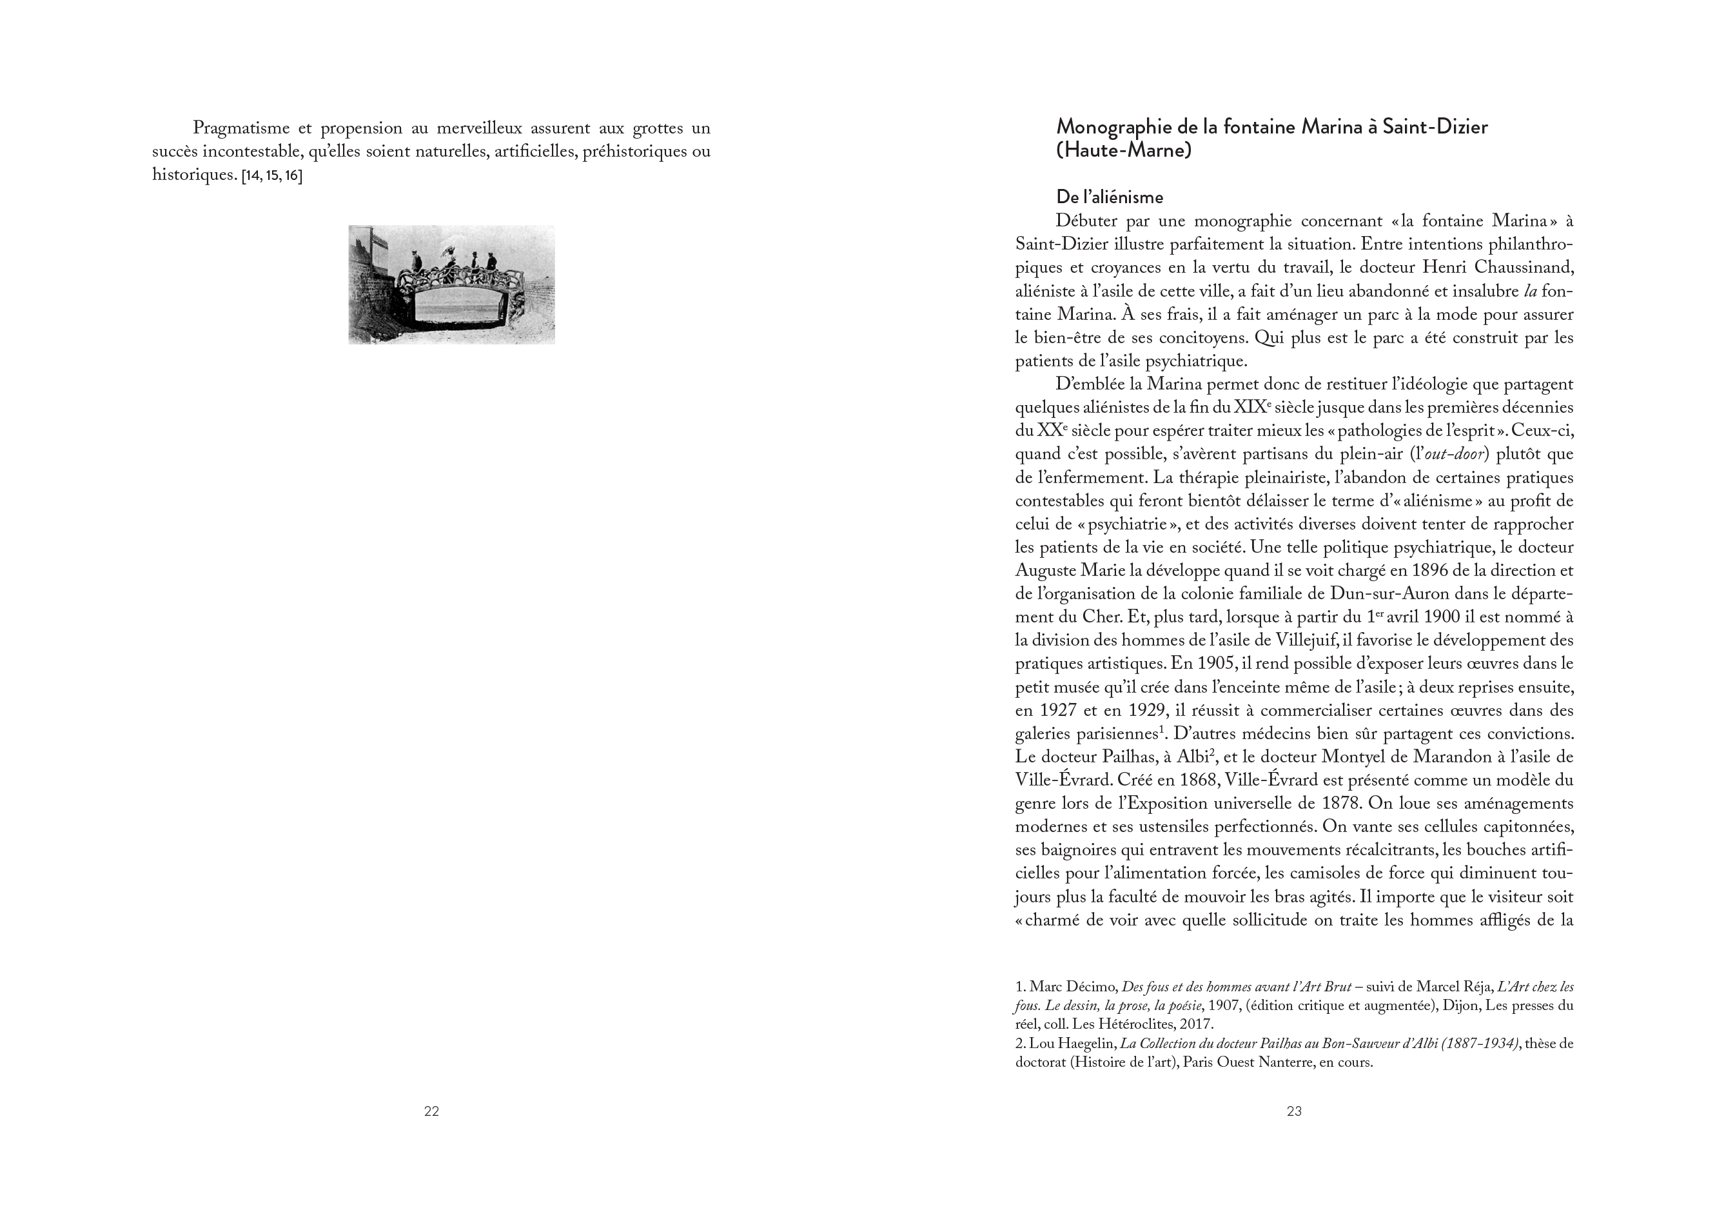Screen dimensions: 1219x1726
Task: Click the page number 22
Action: coord(431,1111)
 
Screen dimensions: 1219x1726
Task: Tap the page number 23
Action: coord(1294,1111)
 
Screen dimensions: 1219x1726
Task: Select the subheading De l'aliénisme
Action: coord(1110,197)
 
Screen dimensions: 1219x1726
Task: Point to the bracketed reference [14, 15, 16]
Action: coord(271,176)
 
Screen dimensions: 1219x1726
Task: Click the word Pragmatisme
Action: coord(241,128)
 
